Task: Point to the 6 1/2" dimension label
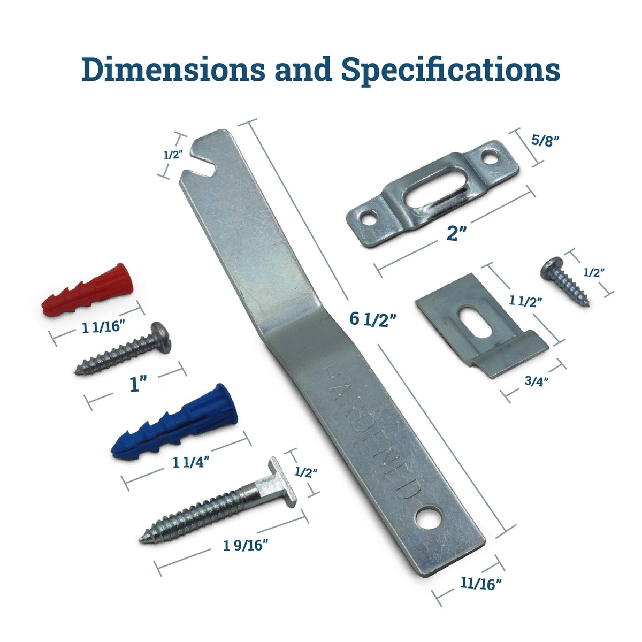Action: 373,319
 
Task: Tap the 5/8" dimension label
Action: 545,142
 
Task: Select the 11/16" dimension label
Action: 480,583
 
